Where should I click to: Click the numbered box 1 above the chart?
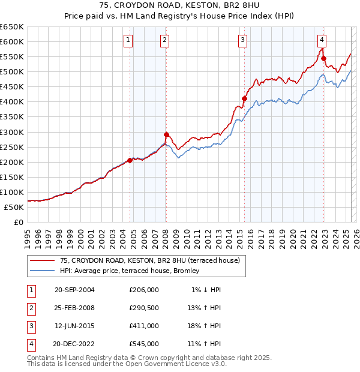click(128, 40)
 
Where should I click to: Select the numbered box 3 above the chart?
click(242, 40)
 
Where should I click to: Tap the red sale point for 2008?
click(166, 134)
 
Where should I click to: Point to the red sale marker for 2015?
click(244, 98)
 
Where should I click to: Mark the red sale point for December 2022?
click(324, 58)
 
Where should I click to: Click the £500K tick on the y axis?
click(12, 71)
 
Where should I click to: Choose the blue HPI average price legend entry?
click(133, 271)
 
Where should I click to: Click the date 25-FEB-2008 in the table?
click(74, 308)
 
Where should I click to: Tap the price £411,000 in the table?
click(144, 326)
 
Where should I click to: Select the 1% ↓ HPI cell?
click(206, 290)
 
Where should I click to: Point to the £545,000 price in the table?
click(144, 344)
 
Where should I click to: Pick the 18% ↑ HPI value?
click(205, 326)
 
